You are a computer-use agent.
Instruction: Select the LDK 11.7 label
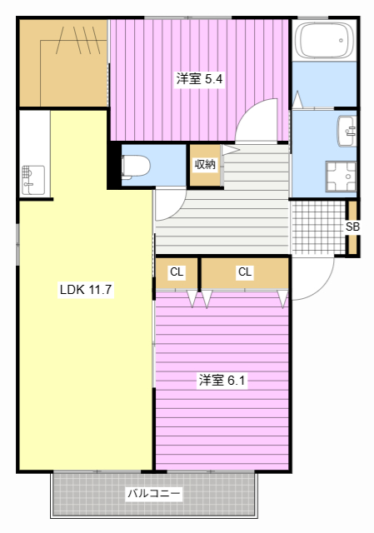(x=85, y=291)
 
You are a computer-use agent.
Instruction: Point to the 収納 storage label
(x=205, y=164)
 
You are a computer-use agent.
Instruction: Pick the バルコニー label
(x=153, y=493)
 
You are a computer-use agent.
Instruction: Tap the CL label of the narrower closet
(x=177, y=272)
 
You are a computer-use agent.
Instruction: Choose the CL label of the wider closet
(x=244, y=272)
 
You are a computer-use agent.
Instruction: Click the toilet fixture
(x=136, y=166)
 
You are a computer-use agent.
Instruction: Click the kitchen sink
(x=32, y=179)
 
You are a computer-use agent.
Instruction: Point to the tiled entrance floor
(x=317, y=227)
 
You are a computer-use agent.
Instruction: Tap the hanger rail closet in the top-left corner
(x=63, y=62)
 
